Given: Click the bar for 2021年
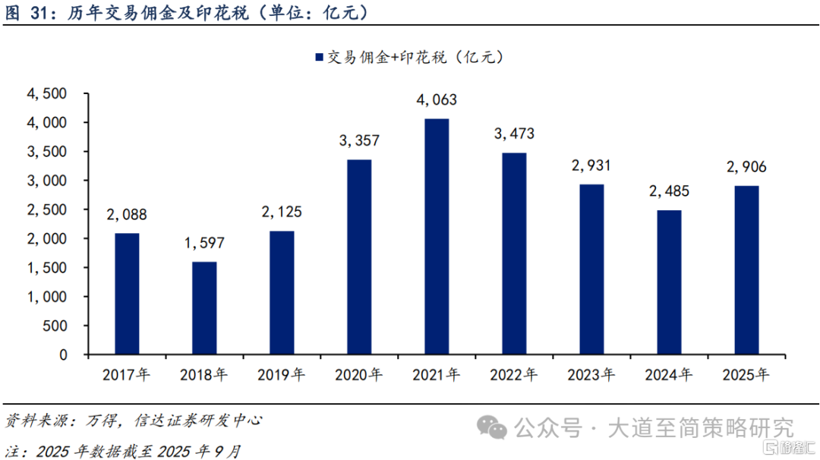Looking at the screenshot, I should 437,237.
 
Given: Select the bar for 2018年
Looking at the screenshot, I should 204,308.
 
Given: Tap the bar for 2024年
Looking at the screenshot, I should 669,282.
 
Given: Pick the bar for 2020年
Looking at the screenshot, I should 359,257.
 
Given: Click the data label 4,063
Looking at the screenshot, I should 437,100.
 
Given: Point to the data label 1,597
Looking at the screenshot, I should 204,244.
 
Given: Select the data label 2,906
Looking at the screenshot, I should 746,167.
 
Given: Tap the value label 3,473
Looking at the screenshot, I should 514,134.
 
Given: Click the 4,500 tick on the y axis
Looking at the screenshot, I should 47,93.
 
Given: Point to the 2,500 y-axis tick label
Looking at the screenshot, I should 47,210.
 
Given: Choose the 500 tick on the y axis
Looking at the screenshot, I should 58,326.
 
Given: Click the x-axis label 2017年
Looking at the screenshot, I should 127,374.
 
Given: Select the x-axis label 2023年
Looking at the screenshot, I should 591,374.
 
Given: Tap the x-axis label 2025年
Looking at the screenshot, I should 746,374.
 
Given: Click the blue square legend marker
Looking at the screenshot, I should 317,57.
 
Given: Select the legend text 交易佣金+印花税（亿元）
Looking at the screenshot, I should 415,57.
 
